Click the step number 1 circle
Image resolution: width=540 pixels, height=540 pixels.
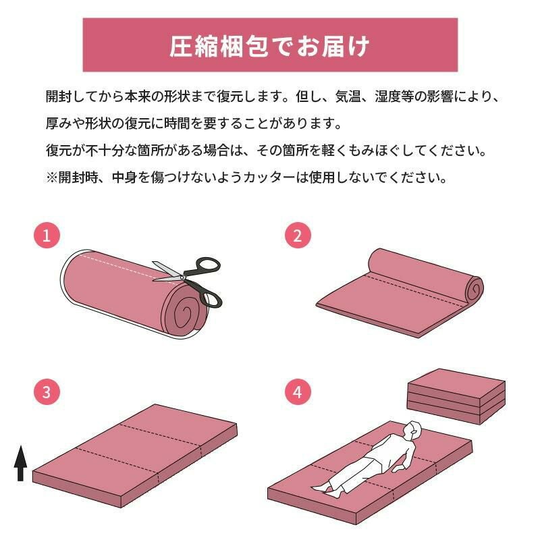(x=47, y=236)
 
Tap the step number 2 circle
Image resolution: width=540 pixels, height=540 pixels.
(x=298, y=236)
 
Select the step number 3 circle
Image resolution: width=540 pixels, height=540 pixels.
(x=47, y=392)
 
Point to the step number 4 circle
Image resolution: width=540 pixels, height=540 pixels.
(x=298, y=392)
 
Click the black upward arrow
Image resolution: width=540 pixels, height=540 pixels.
(x=21, y=463)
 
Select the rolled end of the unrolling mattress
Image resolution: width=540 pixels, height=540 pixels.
(x=475, y=289)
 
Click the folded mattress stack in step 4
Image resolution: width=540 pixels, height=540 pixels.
(x=456, y=396)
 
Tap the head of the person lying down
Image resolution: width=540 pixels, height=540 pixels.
(x=412, y=430)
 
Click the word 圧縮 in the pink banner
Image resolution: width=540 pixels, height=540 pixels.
(x=194, y=47)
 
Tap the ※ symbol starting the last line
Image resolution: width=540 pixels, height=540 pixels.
(x=52, y=178)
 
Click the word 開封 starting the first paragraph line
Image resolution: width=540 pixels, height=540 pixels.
(x=59, y=97)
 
